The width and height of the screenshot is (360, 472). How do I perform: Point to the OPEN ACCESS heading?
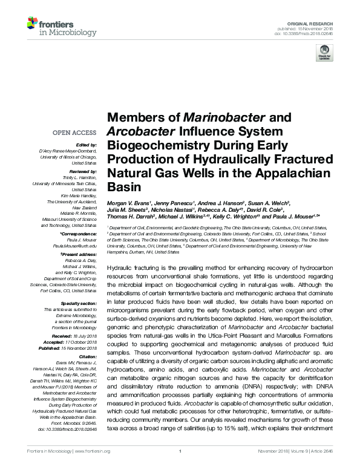coord(74,132)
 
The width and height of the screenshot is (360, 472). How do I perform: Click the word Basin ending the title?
coord(123,188)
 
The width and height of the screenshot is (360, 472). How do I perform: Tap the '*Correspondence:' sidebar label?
coord(79,233)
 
